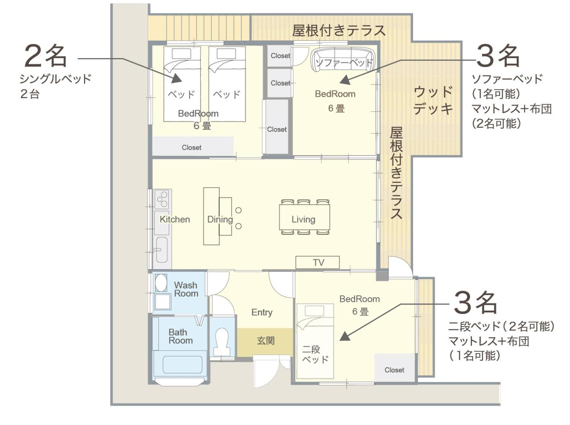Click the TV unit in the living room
pyautogui.click(x=317, y=262)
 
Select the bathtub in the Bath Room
pyautogui.click(x=182, y=365)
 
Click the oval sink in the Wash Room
pyautogui.click(x=161, y=283)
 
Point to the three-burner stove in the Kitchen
pyautogui.click(x=161, y=200)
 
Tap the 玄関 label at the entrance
pyautogui.click(x=266, y=340)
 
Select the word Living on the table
pyautogui.click(x=303, y=220)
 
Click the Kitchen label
pyautogui.click(x=174, y=220)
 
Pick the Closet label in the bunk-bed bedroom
pyautogui.click(x=394, y=370)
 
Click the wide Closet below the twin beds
pyautogui.click(x=193, y=147)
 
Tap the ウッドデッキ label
pyautogui.click(x=433, y=100)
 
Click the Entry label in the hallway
pyautogui.click(x=262, y=312)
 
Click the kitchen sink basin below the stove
pyautogui.click(x=162, y=250)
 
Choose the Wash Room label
pyautogui.click(x=186, y=289)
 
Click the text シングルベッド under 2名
pyautogui.click(x=55, y=78)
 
